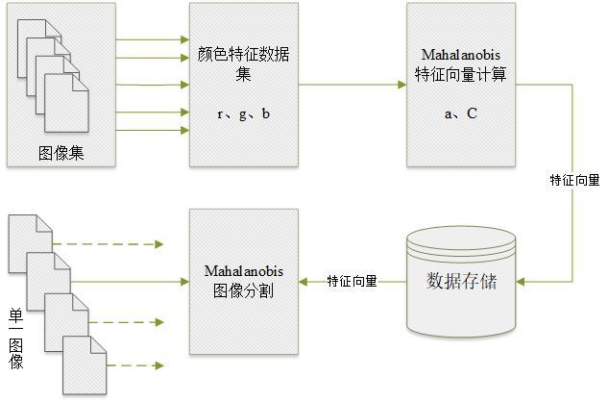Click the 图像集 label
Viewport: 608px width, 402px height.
click(x=61, y=153)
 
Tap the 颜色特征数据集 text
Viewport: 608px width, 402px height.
click(x=244, y=63)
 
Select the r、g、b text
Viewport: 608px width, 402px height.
click(x=244, y=113)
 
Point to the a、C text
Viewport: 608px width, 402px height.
click(x=461, y=113)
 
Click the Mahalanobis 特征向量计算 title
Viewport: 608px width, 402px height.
click(x=461, y=64)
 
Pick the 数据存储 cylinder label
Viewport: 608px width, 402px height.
click(x=461, y=281)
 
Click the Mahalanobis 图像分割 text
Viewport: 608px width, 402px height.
click(x=244, y=281)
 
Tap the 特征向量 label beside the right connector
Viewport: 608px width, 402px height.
click(x=574, y=180)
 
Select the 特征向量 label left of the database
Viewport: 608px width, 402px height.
click(x=352, y=281)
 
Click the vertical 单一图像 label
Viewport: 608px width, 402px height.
click(x=16, y=339)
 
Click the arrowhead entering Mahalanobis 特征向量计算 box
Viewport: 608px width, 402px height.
click(x=402, y=85)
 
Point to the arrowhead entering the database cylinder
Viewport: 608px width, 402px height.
click(x=521, y=282)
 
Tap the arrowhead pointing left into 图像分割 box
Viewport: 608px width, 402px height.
click(x=303, y=282)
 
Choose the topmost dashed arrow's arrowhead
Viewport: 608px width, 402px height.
click(x=159, y=244)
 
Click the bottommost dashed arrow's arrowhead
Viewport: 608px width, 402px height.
click(x=159, y=365)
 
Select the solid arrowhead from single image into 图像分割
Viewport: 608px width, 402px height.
click(x=185, y=282)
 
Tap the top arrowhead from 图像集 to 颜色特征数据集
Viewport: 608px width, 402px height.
click(x=185, y=39)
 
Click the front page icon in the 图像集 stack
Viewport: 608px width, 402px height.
click(x=66, y=103)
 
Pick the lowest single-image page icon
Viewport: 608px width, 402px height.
click(x=85, y=365)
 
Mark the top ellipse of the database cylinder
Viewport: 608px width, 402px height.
click(x=461, y=238)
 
